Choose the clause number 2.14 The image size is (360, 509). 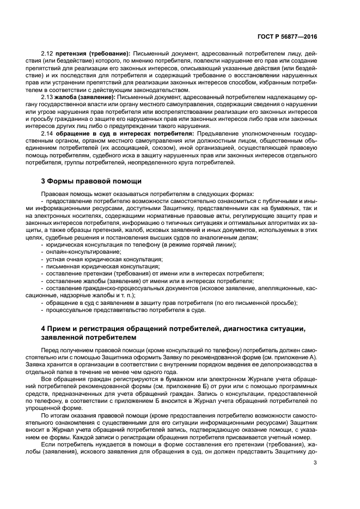[48, 132]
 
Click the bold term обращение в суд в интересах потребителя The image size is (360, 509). [125, 132]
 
